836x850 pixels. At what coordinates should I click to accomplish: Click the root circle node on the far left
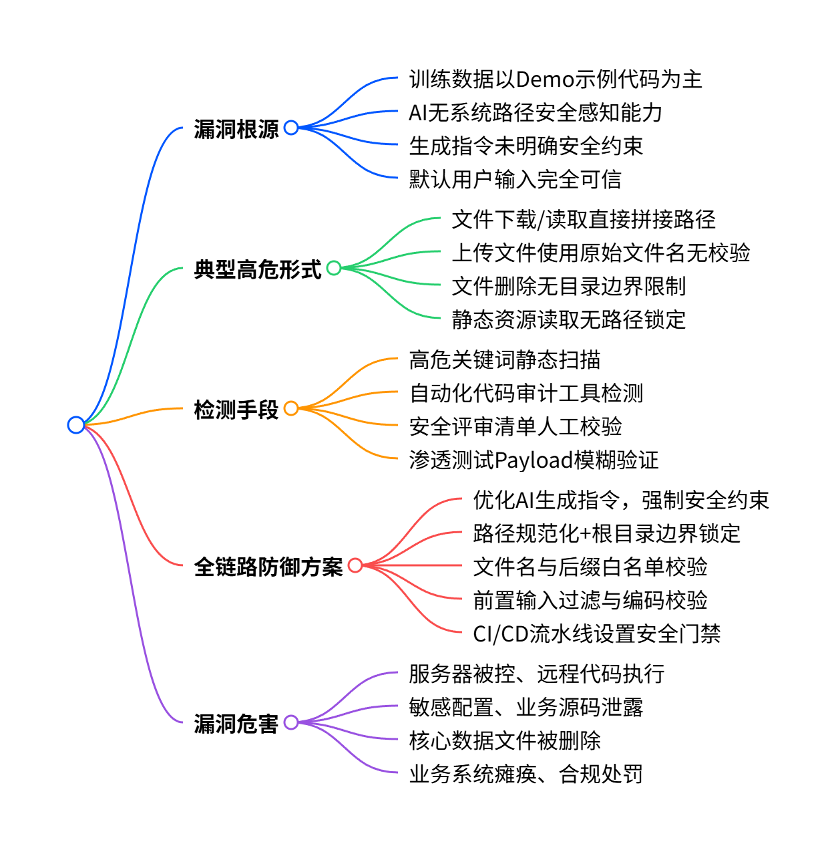tap(76, 425)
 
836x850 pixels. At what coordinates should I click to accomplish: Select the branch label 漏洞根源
tap(236, 129)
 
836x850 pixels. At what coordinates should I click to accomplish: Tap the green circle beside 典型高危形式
tap(334, 269)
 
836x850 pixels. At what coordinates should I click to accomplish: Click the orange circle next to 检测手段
tap(291, 408)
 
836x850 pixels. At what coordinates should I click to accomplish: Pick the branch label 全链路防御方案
tap(268, 567)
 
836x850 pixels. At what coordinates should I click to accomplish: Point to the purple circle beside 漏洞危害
tap(291, 722)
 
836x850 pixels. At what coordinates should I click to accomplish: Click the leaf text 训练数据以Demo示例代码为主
tap(556, 80)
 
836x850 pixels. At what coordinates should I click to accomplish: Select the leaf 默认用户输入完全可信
tap(515, 179)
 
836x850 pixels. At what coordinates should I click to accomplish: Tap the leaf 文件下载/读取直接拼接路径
tap(584, 219)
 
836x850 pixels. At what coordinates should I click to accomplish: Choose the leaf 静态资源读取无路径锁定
tap(568, 319)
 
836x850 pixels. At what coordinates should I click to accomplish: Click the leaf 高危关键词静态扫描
tap(504, 360)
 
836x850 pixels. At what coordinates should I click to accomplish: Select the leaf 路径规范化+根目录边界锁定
tap(606, 533)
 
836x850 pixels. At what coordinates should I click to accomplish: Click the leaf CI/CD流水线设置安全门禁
tap(596, 633)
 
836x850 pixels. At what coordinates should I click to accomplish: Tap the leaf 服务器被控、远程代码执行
tap(536, 674)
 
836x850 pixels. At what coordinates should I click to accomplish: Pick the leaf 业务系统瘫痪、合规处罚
tap(526, 774)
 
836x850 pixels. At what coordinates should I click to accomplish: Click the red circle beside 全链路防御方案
tap(355, 566)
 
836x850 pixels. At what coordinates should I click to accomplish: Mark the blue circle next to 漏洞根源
tap(291, 128)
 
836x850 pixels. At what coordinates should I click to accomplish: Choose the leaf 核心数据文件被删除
tap(504, 740)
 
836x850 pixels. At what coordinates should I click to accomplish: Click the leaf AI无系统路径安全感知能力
tap(535, 113)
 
